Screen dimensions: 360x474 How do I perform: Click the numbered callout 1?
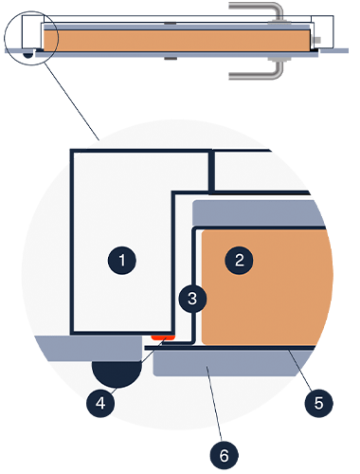coord(122,261)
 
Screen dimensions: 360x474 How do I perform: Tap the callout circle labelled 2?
coord(239,260)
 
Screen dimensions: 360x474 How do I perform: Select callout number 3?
coord(192,299)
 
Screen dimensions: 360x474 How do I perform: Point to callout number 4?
coord(100,403)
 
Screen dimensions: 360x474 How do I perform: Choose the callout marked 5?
coord(319,403)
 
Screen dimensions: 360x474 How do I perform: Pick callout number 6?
coord(225,456)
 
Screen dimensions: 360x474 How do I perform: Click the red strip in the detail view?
coord(163,337)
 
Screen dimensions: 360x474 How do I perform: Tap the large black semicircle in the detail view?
coord(117,374)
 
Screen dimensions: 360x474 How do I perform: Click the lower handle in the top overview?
coord(257,70)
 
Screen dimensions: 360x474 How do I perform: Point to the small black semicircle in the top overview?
coord(28,55)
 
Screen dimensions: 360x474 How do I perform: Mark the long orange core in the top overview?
coord(177,41)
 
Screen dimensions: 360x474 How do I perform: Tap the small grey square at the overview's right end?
coord(317,40)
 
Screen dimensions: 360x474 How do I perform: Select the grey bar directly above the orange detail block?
coord(258,212)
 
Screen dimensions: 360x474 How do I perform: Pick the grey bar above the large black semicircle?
coord(88,349)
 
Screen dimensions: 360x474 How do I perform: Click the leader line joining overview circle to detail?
coord(72,101)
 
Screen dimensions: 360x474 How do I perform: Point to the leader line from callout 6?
coord(214,404)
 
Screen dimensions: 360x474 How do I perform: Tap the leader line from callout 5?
coord(300,371)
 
